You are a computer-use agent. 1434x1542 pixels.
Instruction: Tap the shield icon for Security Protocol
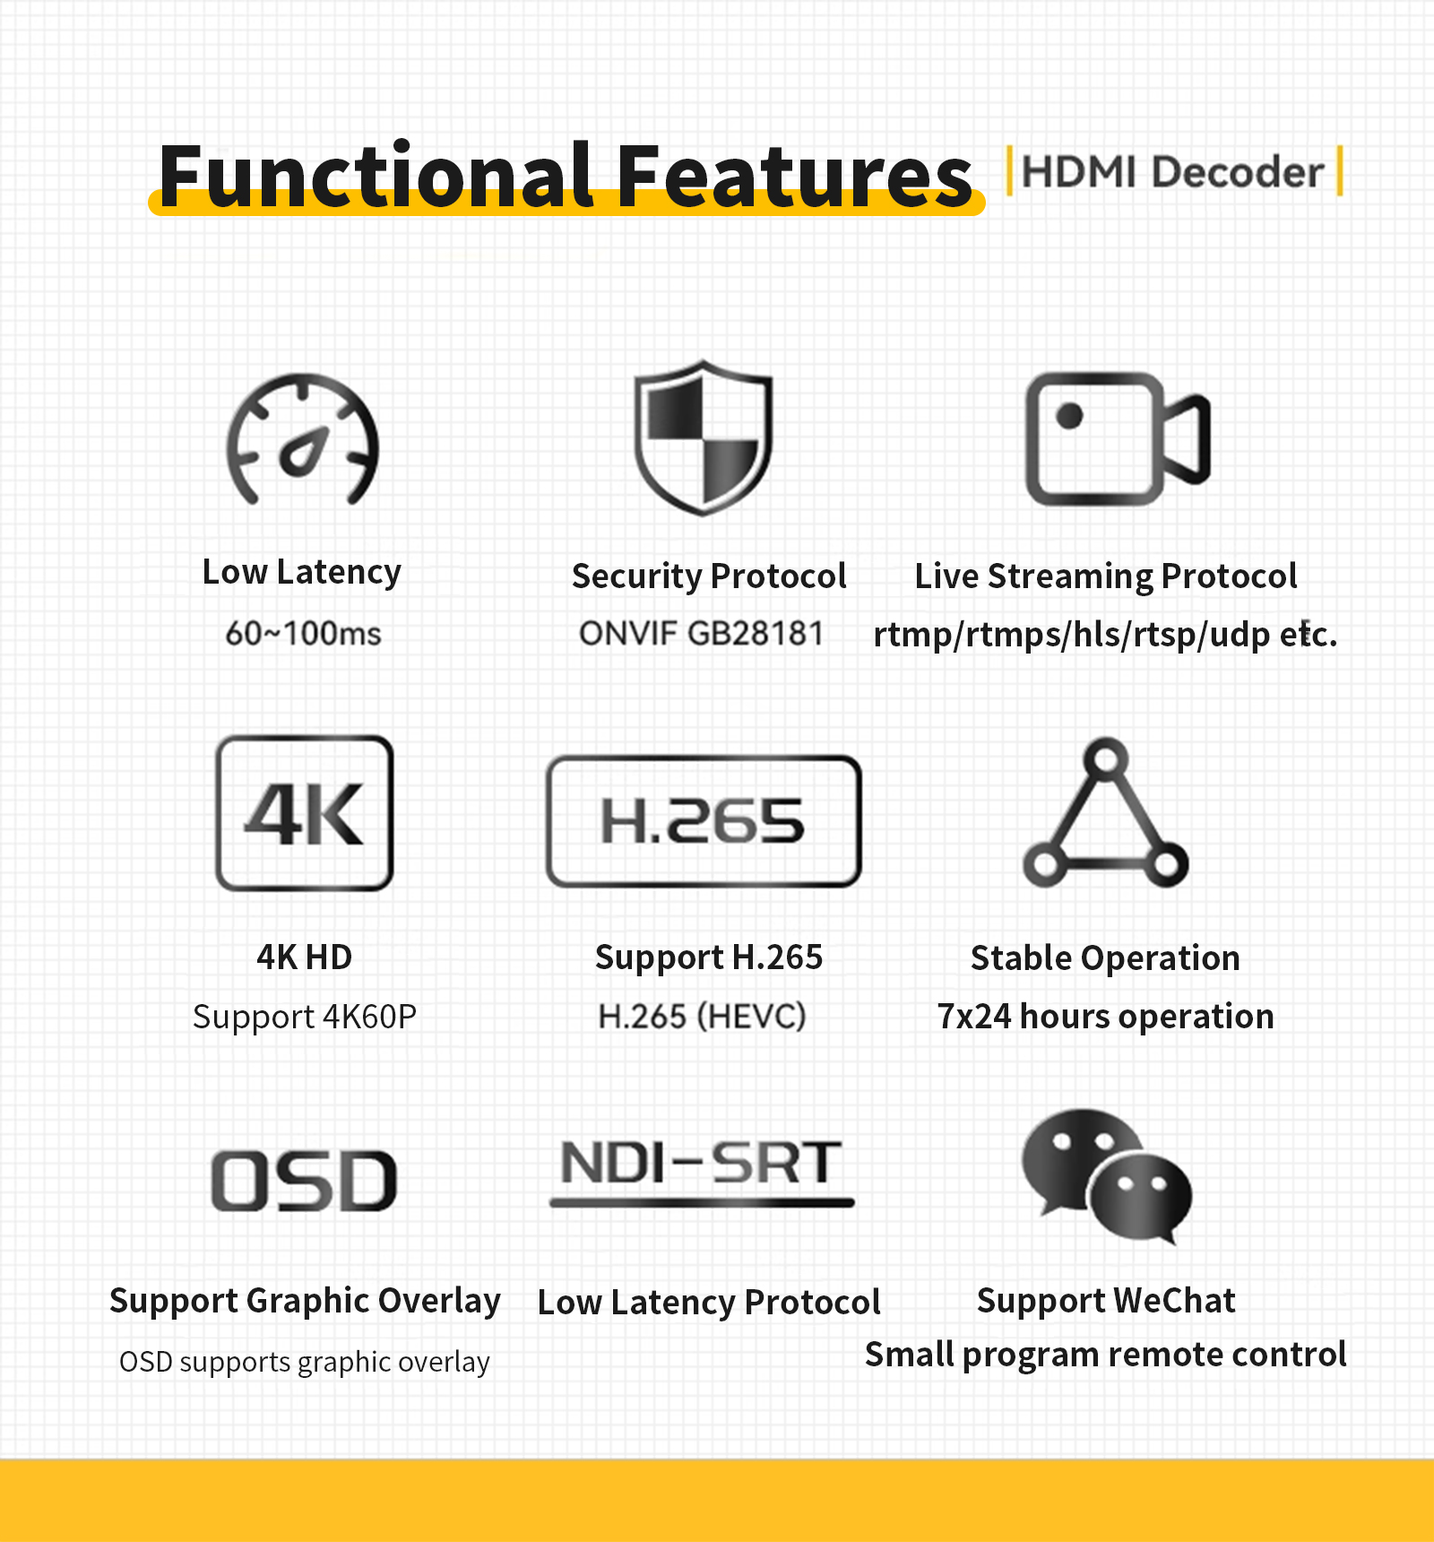coord(704,438)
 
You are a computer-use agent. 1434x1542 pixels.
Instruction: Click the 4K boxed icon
coord(305,812)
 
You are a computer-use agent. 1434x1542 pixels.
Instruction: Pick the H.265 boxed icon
coord(704,820)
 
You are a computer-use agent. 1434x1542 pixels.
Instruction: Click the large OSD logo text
coord(305,1181)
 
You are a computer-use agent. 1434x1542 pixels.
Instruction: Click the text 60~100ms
coord(303,634)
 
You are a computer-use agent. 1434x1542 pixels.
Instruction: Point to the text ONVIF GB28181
coord(701,634)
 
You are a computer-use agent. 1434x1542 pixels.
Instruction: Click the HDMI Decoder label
coord(1173,171)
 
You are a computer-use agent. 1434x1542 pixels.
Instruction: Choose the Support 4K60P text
coord(305,1018)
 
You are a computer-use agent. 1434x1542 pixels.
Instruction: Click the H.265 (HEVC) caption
coord(703,1017)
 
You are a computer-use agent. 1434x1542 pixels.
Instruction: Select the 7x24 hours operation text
coord(1106,1017)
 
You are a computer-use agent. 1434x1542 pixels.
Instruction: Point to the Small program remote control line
coord(1106,1355)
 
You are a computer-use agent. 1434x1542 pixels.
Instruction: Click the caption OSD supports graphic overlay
coord(305,1362)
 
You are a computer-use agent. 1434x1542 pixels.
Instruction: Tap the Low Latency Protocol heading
coord(709,1302)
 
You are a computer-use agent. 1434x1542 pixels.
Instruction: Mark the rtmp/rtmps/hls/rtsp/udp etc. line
coord(1106,634)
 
